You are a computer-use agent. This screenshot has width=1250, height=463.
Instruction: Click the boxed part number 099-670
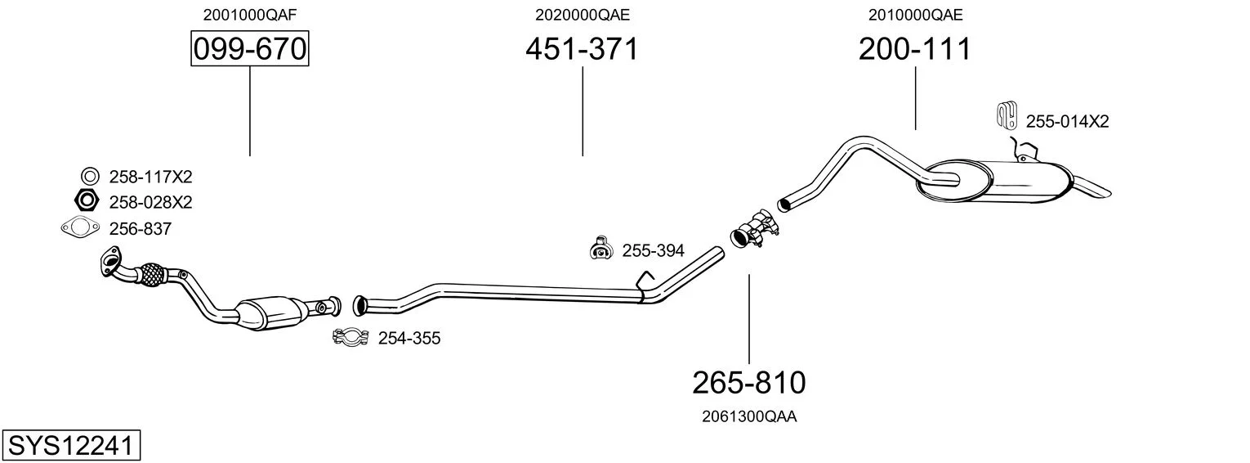click(x=249, y=48)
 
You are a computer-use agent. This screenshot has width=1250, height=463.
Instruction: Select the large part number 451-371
click(x=582, y=48)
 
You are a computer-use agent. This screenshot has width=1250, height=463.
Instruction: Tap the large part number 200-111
click(x=915, y=48)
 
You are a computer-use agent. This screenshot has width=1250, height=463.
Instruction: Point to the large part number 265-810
click(x=749, y=383)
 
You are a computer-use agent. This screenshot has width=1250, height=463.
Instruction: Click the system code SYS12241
click(x=71, y=445)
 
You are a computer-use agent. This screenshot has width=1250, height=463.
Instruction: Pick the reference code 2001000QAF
click(x=249, y=15)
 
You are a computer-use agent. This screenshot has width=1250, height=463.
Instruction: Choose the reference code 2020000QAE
click(x=582, y=15)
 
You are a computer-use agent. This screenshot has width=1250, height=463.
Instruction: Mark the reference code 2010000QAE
click(x=915, y=15)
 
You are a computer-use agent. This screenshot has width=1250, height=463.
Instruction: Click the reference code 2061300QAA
click(x=749, y=416)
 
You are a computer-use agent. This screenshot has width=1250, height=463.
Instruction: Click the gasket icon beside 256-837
click(x=80, y=228)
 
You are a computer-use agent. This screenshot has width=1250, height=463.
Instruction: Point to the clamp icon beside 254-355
click(x=350, y=337)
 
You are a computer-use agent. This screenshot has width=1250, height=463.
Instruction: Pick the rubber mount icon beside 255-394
click(x=600, y=249)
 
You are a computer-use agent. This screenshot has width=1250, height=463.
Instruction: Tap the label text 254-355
click(x=409, y=338)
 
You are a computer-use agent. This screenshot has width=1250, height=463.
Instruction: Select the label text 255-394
click(x=653, y=251)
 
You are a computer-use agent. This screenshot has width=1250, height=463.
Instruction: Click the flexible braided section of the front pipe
click(x=150, y=275)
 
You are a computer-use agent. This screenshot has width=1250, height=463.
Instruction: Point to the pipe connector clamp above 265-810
click(x=754, y=228)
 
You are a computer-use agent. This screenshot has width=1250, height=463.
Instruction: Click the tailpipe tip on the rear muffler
click(x=1092, y=187)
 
